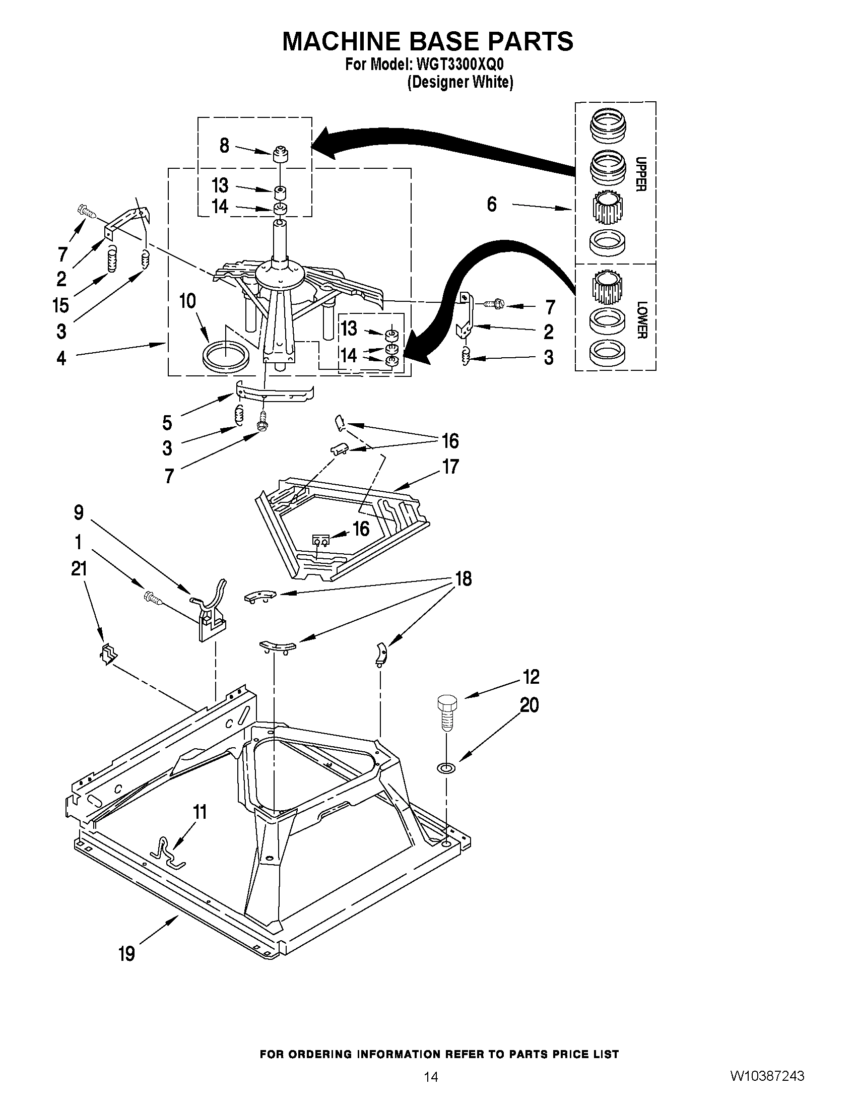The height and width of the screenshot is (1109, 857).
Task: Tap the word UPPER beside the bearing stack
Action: tap(641, 174)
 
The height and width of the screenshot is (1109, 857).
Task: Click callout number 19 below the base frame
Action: tap(127, 954)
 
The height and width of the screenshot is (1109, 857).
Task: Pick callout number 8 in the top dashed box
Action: tap(224, 146)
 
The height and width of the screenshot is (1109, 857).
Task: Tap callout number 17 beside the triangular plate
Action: tap(450, 466)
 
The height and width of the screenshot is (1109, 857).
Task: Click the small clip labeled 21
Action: tap(108, 655)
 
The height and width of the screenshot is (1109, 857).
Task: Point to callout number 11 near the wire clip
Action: tap(200, 812)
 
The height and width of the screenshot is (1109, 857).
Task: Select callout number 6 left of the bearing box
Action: tap(491, 205)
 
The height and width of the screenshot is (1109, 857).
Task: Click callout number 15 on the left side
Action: tap(60, 306)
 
